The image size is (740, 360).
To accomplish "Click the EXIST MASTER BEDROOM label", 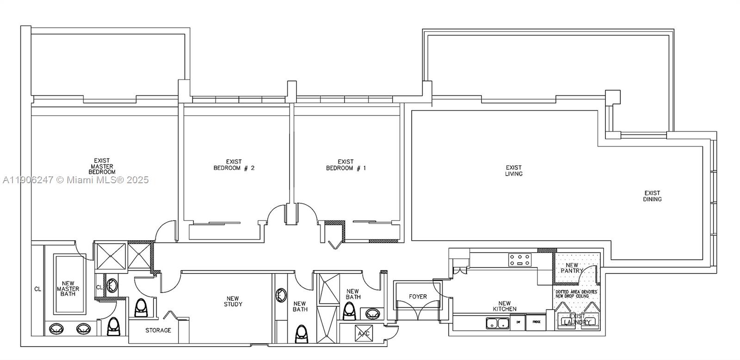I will tap(102, 166).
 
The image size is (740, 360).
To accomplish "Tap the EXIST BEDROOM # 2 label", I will tap(234, 165).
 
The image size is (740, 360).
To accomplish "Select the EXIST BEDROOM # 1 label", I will tap(345, 165).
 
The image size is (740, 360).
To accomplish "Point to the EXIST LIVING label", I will tap(513, 171).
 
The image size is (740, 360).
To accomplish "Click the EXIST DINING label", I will tap(652, 196).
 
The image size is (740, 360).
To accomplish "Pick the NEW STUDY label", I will tap(233, 301).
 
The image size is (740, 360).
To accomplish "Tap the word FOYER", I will tap(418, 297).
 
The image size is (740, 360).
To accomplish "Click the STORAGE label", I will tap(158, 330).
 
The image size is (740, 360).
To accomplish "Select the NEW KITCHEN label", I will tap(504, 306).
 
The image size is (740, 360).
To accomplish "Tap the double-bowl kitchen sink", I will tap(497, 323).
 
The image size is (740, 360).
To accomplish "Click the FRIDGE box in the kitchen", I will tap(536, 322).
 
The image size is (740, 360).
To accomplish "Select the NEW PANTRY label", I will tap(572, 268).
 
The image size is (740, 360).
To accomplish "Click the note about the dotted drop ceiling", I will tap(576, 294).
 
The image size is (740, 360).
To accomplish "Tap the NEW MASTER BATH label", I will tap(68, 289).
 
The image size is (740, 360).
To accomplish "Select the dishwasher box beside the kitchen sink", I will tap(518, 322).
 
